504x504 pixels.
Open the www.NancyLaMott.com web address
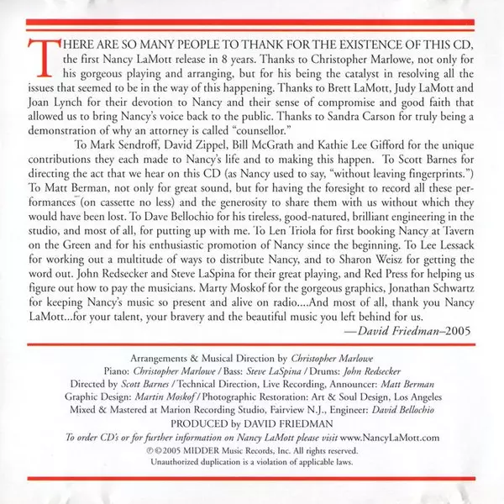point(390,428)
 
